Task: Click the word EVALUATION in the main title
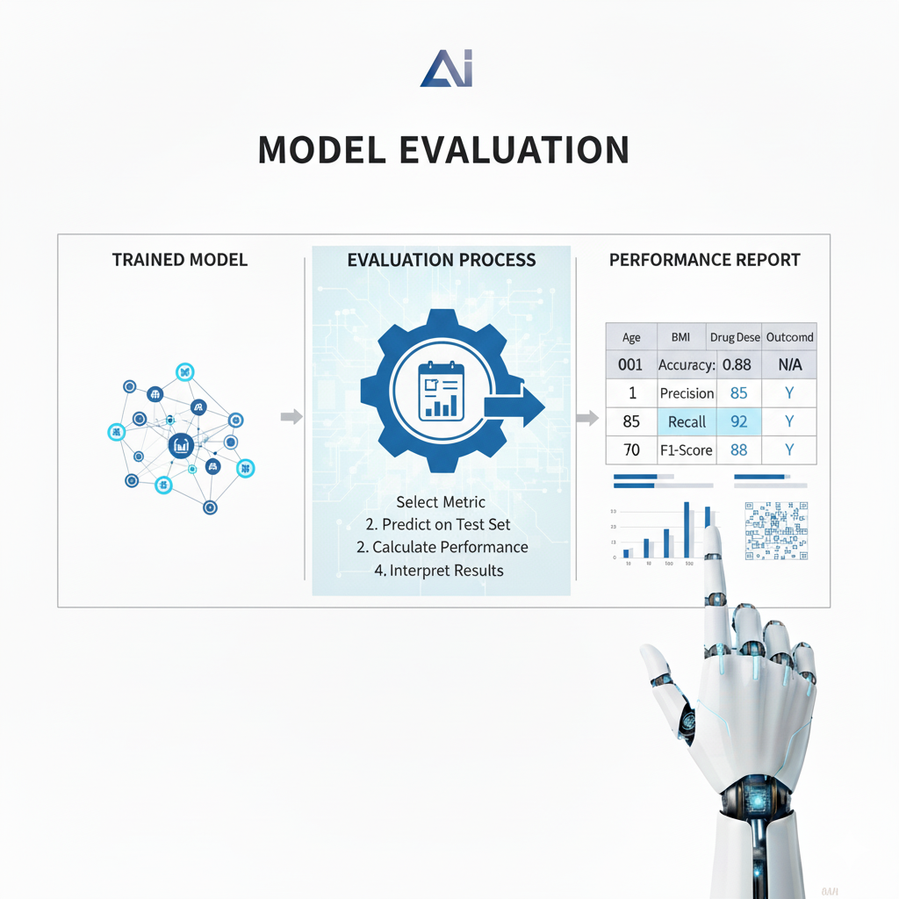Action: coord(514,149)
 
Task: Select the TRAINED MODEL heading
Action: coord(180,260)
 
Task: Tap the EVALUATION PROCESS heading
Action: coord(441,260)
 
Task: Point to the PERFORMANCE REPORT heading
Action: coord(704,260)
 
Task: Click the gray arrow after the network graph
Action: coord(291,416)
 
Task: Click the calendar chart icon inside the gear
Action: coord(441,392)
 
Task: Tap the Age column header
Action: coord(631,337)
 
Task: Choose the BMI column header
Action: coord(681,337)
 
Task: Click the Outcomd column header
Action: coord(789,337)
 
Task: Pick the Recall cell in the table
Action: coord(687,422)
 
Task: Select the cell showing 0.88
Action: coord(738,364)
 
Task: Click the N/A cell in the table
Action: coord(789,364)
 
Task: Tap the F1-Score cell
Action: coord(687,450)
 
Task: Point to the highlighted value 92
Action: coord(738,422)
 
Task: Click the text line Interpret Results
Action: coord(446,571)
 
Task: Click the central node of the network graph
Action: coord(181,445)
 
